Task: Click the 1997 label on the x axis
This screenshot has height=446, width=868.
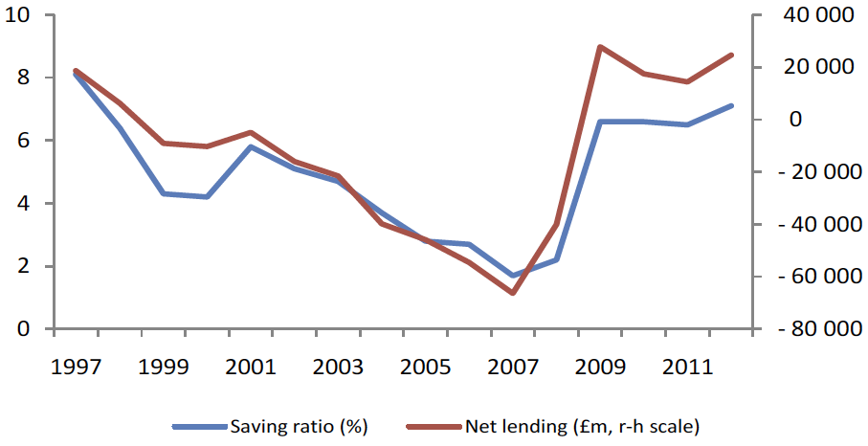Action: tap(76, 367)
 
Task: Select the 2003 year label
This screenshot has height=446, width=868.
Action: tap(337, 367)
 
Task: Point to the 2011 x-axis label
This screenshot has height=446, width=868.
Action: tap(686, 367)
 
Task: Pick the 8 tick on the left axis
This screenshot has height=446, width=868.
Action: tap(23, 78)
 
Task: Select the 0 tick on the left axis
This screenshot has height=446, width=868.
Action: tap(23, 329)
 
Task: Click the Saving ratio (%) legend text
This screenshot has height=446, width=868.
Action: tap(299, 427)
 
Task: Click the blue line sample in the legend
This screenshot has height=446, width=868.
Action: tap(200, 427)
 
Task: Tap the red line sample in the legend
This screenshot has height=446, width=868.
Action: tap(434, 427)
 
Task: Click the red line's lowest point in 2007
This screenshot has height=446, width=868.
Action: tap(513, 293)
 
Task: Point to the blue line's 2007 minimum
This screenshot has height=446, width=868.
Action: tap(513, 275)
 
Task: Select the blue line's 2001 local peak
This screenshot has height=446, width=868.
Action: tap(251, 146)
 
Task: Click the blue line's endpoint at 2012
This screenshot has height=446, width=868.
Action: tap(731, 105)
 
